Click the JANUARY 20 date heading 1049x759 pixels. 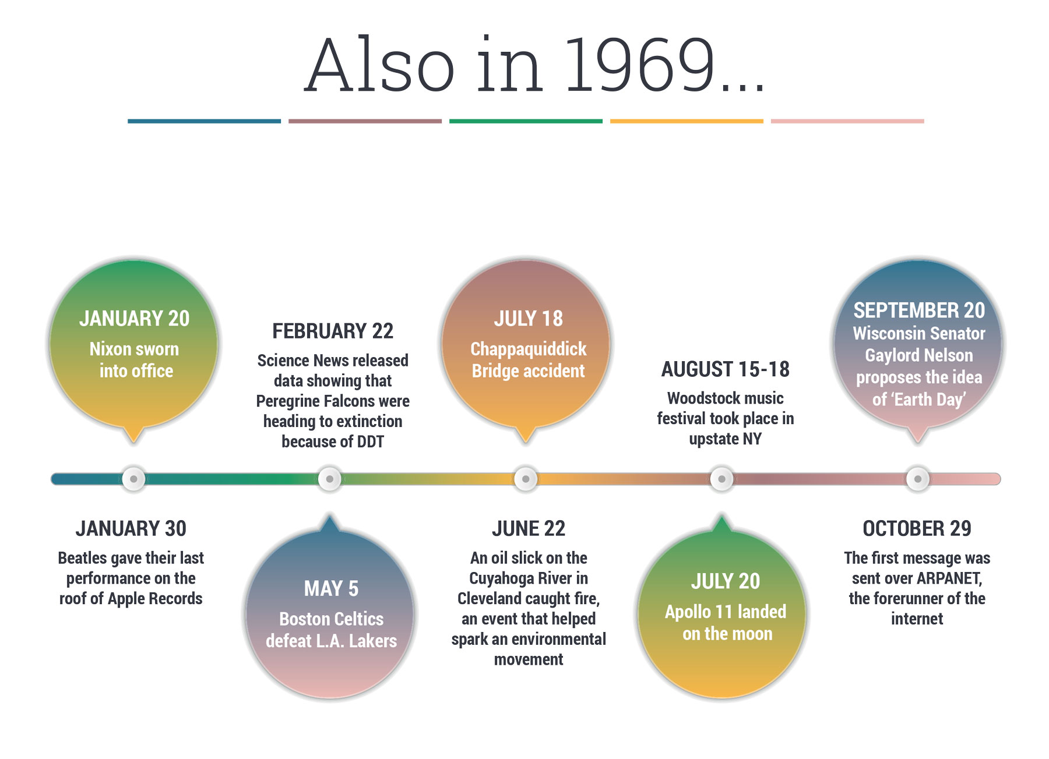[x=134, y=319]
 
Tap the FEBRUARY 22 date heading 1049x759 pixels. [x=333, y=331]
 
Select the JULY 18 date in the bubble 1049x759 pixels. [x=528, y=319]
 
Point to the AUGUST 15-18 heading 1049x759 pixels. [x=725, y=369]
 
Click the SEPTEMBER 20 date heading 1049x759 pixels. [x=919, y=310]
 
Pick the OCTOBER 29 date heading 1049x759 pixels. [x=917, y=528]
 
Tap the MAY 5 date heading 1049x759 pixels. [x=331, y=588]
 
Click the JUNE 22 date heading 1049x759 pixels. [x=529, y=528]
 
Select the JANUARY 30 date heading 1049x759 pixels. [x=131, y=528]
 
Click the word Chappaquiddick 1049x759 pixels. [x=529, y=349]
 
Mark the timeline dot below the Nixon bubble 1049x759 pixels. [x=133, y=479]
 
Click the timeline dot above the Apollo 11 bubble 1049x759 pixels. [x=721, y=479]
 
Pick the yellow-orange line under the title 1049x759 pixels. [x=687, y=121]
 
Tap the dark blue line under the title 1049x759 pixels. [x=204, y=121]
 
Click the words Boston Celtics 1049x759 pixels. [x=331, y=619]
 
